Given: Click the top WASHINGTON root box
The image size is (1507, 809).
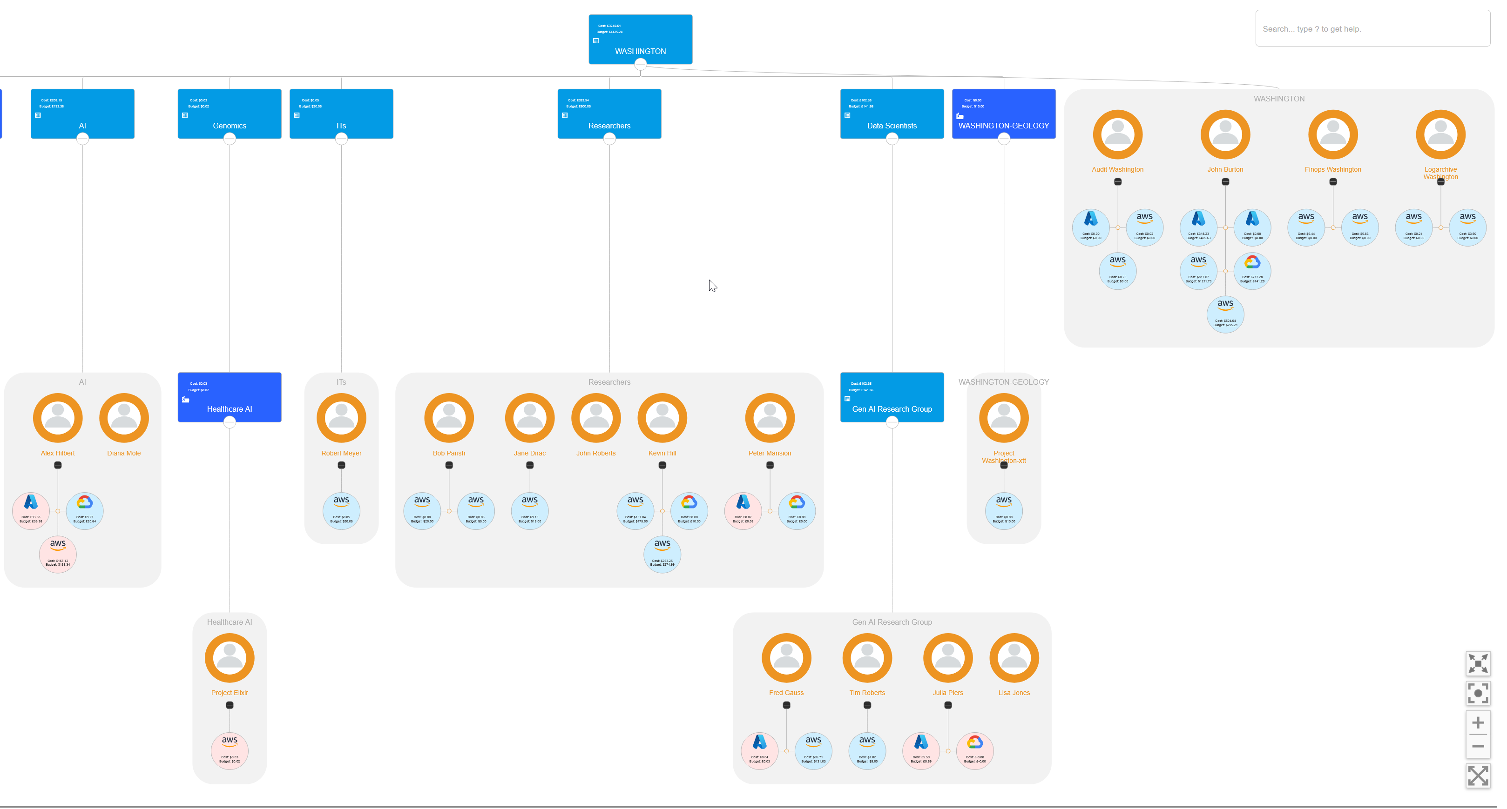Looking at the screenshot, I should point(640,39).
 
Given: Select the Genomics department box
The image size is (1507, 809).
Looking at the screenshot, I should point(230,114).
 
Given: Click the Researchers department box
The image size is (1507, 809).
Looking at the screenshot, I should point(609,114).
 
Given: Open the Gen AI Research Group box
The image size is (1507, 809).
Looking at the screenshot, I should point(892,397).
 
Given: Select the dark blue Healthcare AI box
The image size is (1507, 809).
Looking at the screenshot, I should point(230,397).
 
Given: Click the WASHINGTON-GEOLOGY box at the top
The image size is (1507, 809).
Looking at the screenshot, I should point(1003,114).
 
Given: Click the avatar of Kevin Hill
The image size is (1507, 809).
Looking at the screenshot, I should point(662,418).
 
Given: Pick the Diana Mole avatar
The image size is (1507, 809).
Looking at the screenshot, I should point(123,418).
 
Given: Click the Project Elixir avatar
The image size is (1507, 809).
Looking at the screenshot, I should point(230,658).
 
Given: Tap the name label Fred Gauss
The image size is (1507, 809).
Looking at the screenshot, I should point(786,693).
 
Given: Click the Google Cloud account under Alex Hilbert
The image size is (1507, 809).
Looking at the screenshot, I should point(84,510).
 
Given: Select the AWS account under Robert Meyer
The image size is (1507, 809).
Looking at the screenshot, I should point(341,510).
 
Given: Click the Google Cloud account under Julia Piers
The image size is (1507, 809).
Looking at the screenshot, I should point(974,750).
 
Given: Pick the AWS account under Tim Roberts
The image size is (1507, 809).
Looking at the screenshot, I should point(866,750).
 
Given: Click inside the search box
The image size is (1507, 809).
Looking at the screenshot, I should point(1372,29).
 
